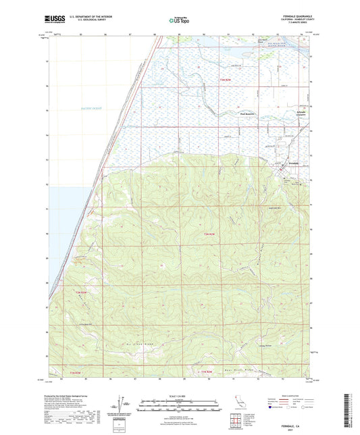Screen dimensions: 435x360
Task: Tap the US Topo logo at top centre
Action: click(x=179, y=21)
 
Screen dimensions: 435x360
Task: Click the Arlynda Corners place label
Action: click(x=301, y=113)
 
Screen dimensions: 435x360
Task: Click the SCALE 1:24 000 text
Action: click(x=179, y=396)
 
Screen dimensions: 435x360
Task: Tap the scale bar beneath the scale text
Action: click(x=179, y=403)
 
